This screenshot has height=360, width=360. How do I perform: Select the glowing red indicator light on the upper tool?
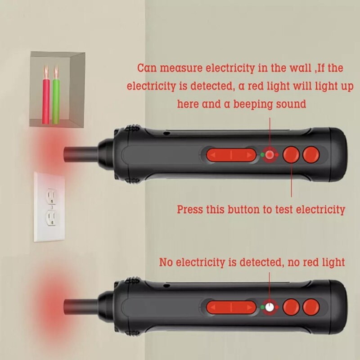coord(270,155)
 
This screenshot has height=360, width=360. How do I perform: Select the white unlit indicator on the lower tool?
coord(270,308)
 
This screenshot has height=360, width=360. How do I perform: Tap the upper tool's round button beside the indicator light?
coord(291,155)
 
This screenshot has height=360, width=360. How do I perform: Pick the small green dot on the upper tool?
coord(261,155)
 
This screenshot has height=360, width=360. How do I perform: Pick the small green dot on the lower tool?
coord(261,308)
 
